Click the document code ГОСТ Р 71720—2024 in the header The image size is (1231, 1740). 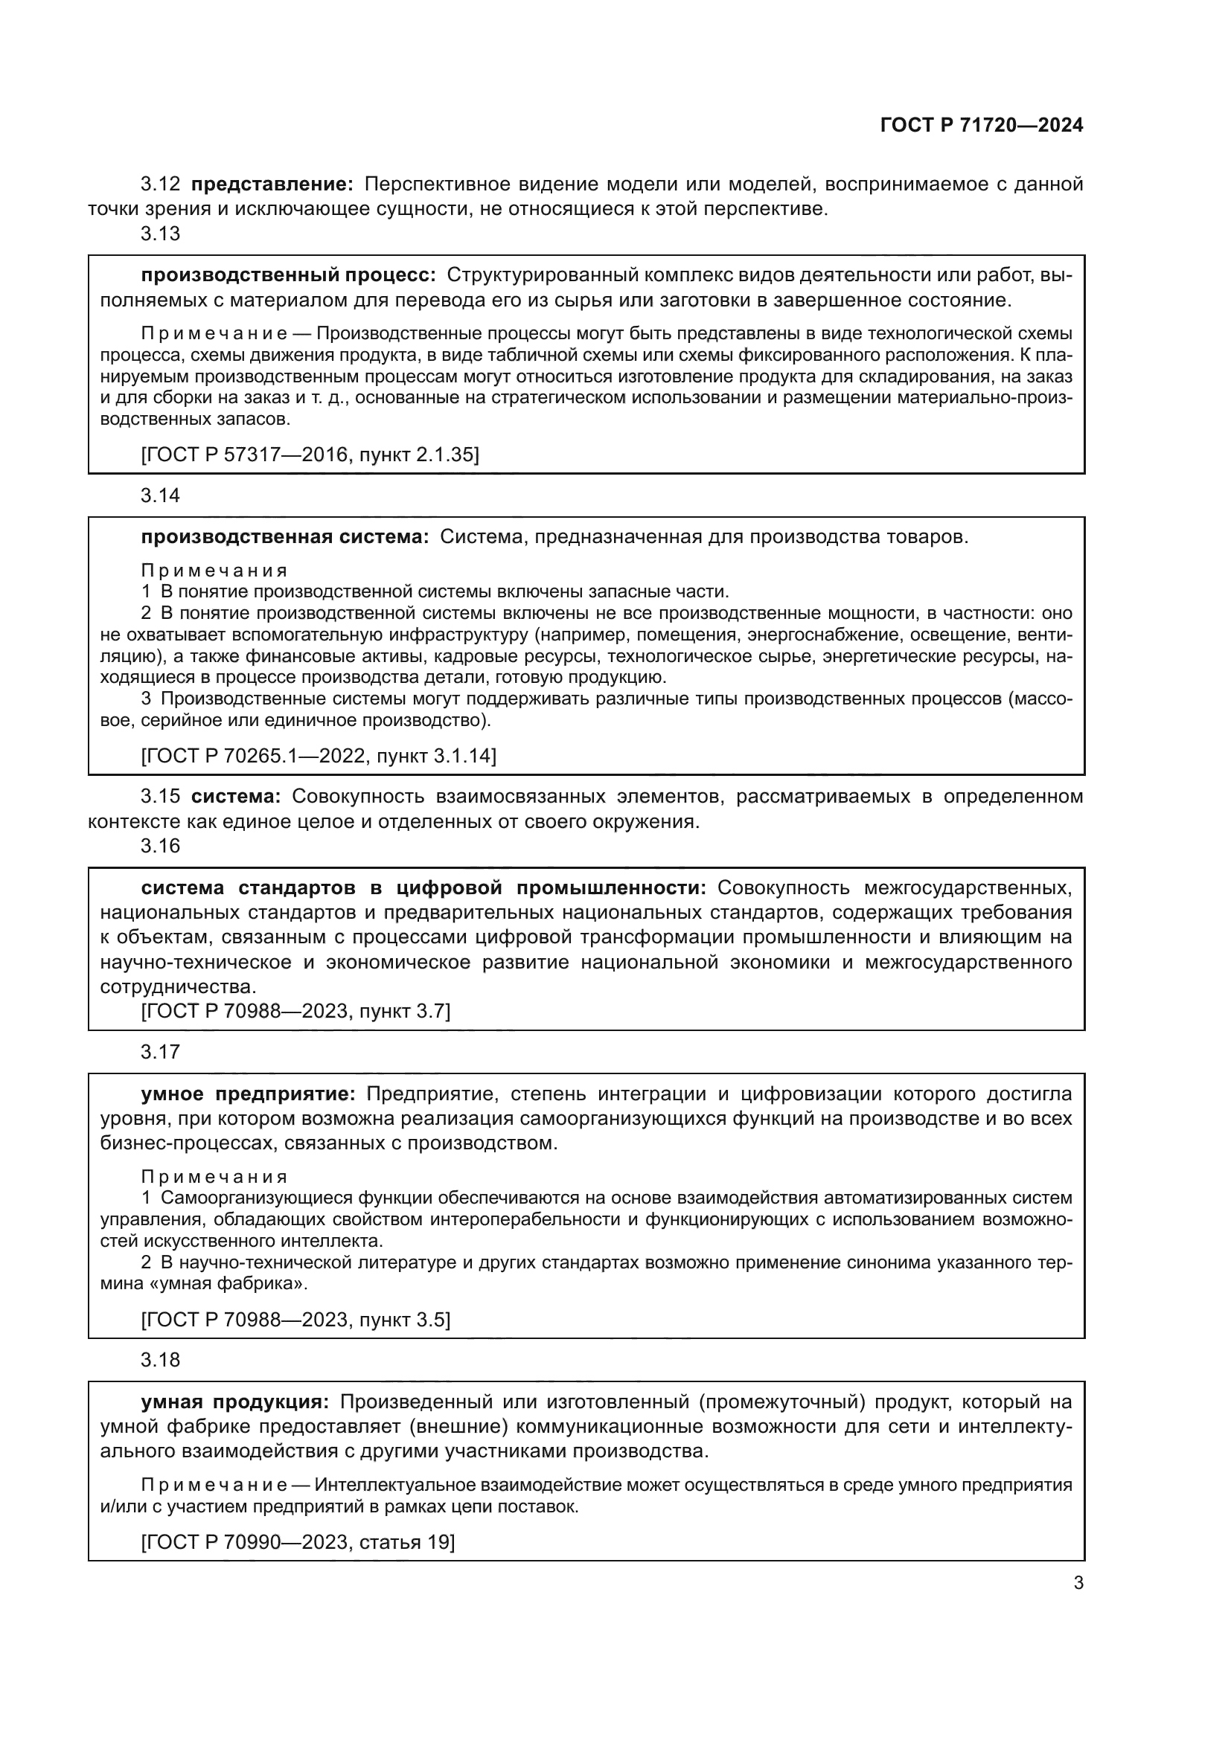(981, 126)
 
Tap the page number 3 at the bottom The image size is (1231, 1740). (1078, 1582)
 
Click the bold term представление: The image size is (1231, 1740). (272, 184)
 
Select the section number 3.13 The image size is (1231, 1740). (160, 234)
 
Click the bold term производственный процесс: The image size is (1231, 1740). (288, 275)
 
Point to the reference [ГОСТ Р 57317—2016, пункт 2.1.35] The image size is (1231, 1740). (310, 455)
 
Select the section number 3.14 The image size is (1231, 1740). (160, 495)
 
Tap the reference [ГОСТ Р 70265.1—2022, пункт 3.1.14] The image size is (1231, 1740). (319, 756)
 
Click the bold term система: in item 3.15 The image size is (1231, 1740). (235, 797)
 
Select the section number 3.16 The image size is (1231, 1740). (160, 846)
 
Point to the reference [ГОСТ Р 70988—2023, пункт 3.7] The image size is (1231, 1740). (295, 1011)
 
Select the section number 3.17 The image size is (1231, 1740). (160, 1052)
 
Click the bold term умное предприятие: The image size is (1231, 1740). (248, 1094)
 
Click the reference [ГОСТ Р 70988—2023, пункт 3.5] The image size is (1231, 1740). (295, 1320)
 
